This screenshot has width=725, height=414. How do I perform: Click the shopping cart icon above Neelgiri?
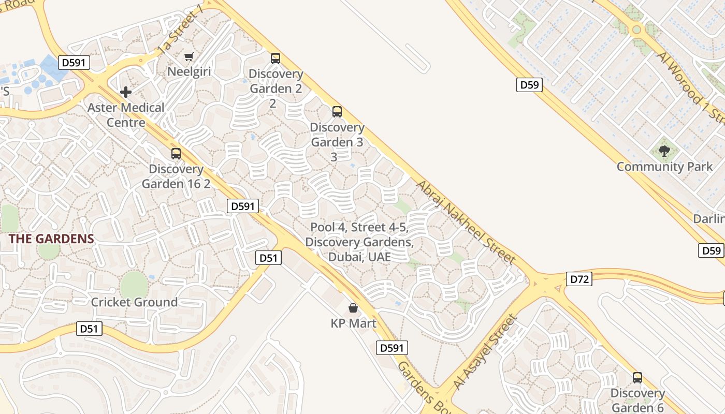coord(189,56)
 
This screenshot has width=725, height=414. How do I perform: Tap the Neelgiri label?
coord(189,71)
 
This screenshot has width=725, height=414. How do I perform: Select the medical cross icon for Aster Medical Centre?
coord(125,93)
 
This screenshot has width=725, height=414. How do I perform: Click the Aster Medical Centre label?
coord(126,115)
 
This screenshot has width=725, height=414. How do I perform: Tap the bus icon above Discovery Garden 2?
coord(275,58)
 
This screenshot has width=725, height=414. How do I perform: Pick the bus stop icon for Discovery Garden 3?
coord(337,111)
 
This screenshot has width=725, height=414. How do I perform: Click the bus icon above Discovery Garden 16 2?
coord(176,154)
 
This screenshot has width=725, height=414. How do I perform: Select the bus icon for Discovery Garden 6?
coord(637,378)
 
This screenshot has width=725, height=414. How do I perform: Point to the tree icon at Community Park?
coord(664,151)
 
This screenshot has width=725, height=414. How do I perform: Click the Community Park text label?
coord(664,167)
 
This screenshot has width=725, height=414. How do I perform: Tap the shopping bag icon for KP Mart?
coord(353,308)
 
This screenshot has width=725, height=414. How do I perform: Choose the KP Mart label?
coord(354,323)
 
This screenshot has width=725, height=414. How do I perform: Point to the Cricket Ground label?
coord(134,302)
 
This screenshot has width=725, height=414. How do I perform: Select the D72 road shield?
coord(579,279)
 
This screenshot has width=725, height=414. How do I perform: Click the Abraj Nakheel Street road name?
coord(466,223)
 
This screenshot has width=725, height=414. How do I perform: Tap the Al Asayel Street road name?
coord(485,352)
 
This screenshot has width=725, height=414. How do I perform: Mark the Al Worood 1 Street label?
coord(691,88)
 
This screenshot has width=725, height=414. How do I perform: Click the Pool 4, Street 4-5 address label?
coord(359,242)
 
